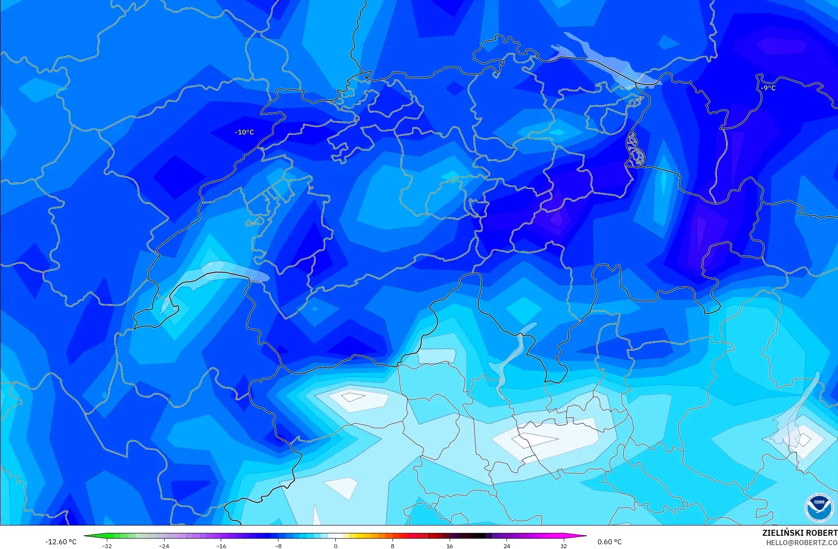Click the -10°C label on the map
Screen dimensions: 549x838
[244, 132]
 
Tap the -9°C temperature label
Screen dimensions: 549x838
[768, 88]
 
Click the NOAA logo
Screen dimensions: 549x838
[819, 508]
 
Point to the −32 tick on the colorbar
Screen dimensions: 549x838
[107, 546]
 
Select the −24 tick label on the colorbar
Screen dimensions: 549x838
[164, 546]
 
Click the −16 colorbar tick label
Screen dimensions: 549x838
[221, 546]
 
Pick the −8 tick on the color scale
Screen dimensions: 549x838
[278, 546]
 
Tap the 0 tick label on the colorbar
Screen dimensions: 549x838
[335, 546]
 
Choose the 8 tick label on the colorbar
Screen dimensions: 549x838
[393, 546]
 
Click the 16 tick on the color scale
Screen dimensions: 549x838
[449, 546]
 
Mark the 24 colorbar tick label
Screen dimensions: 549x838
[507, 546]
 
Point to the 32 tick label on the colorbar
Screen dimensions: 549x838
[564, 546]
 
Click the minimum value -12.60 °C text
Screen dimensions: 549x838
[61, 542]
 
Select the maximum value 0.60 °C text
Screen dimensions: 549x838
[609, 542]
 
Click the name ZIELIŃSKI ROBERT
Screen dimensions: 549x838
[800, 533]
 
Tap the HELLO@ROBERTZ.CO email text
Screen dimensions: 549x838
[801, 543]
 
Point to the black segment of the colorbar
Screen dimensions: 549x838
[478, 536]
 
